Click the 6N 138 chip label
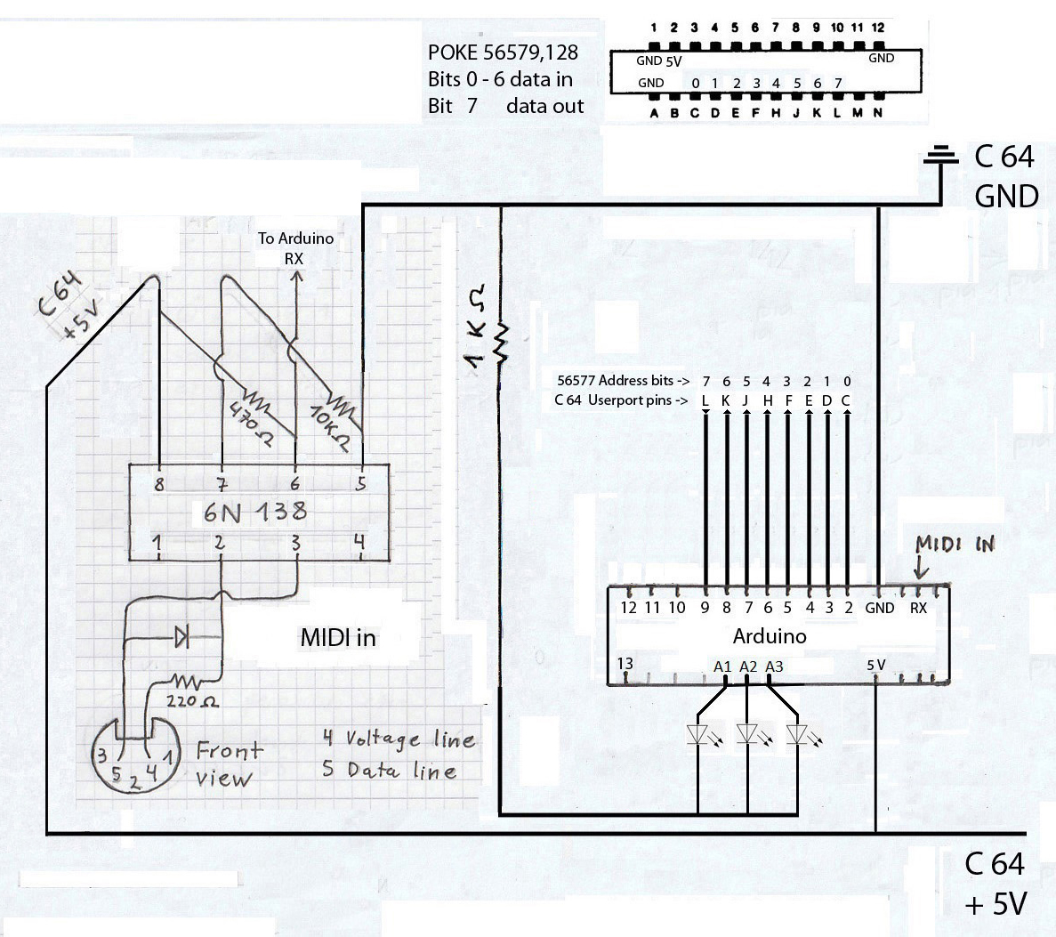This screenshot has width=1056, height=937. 255,512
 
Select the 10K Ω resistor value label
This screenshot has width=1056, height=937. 326,424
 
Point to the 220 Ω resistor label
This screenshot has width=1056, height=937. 197,703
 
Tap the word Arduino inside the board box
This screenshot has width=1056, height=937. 770,636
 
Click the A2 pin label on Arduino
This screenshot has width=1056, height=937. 748,666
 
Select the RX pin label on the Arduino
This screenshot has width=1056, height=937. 918,608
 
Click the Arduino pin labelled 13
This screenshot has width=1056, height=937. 625,663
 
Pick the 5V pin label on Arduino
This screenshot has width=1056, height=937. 875,665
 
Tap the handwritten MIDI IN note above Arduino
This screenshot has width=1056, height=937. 955,544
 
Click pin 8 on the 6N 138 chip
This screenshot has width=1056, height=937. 160,485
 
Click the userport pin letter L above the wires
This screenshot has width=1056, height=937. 705,400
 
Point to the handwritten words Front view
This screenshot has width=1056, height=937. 227,763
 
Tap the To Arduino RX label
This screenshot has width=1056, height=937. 295,248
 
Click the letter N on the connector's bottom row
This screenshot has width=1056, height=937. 878,112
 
